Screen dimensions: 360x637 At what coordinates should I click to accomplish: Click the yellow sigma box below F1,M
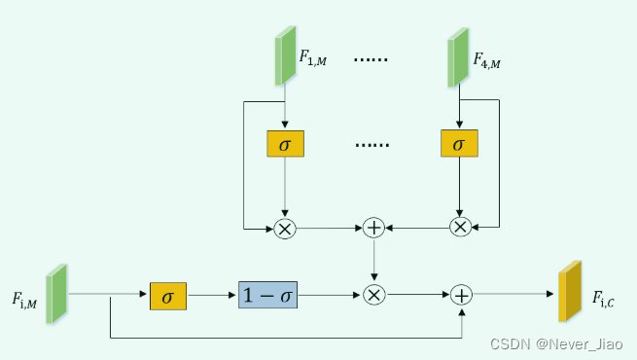285,144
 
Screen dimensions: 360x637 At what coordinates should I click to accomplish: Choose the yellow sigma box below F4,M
459,144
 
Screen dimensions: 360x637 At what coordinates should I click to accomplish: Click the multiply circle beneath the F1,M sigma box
285,228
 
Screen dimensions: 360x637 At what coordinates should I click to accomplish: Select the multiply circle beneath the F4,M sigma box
459,228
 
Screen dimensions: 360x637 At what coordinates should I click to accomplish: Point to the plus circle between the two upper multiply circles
374,228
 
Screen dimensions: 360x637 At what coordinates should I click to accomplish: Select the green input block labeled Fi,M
56,294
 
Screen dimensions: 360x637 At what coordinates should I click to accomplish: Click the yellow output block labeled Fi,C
569,292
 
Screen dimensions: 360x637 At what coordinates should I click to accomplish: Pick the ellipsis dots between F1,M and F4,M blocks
372,59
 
